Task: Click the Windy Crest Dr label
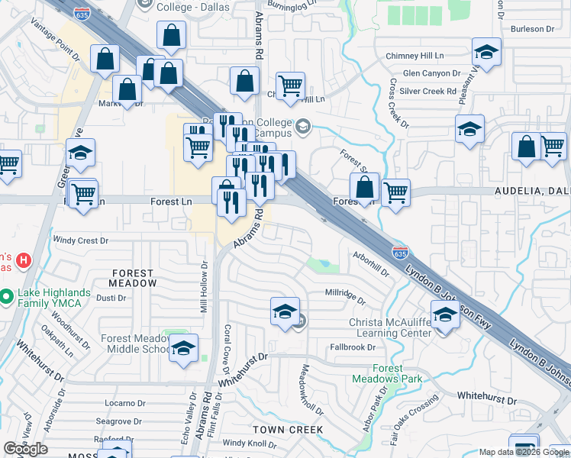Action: pyautogui.click(x=82, y=240)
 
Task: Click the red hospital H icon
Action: pyautogui.click(x=24, y=261)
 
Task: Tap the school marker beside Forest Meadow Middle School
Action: pyautogui.click(x=182, y=349)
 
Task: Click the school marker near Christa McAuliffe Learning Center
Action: pyautogui.click(x=445, y=313)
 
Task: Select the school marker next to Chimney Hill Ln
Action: pyautogui.click(x=486, y=53)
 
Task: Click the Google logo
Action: pyautogui.click(x=25, y=449)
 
